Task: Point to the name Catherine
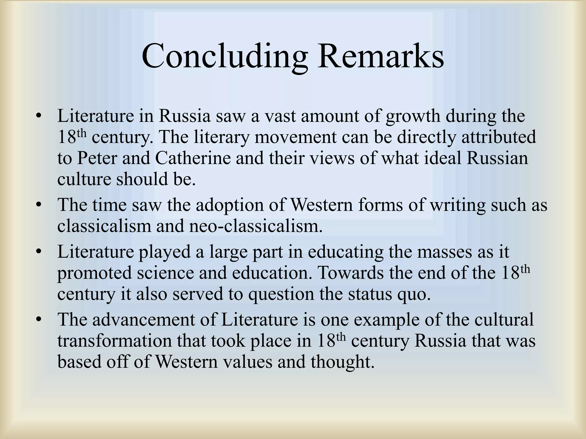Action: point(193,158)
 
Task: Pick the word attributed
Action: point(499,137)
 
